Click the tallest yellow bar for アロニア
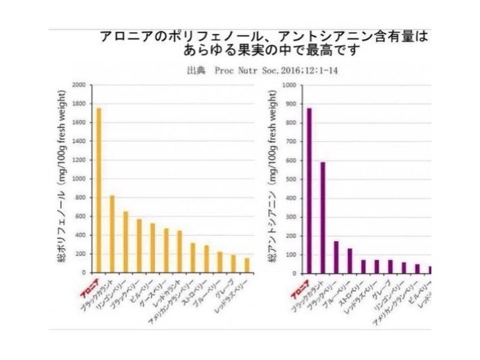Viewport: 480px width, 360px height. (99, 190)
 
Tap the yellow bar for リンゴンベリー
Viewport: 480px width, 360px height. (126, 242)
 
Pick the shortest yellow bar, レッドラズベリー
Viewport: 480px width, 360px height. (247, 265)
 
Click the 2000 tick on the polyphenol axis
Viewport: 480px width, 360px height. (79, 85)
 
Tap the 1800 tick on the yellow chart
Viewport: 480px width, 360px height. (79, 104)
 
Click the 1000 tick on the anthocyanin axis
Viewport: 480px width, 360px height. (289, 85)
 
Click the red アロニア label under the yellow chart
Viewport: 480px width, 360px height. (89, 288)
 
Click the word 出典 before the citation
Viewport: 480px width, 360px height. (196, 71)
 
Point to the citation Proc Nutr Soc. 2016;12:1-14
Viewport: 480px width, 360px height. (276, 71)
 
